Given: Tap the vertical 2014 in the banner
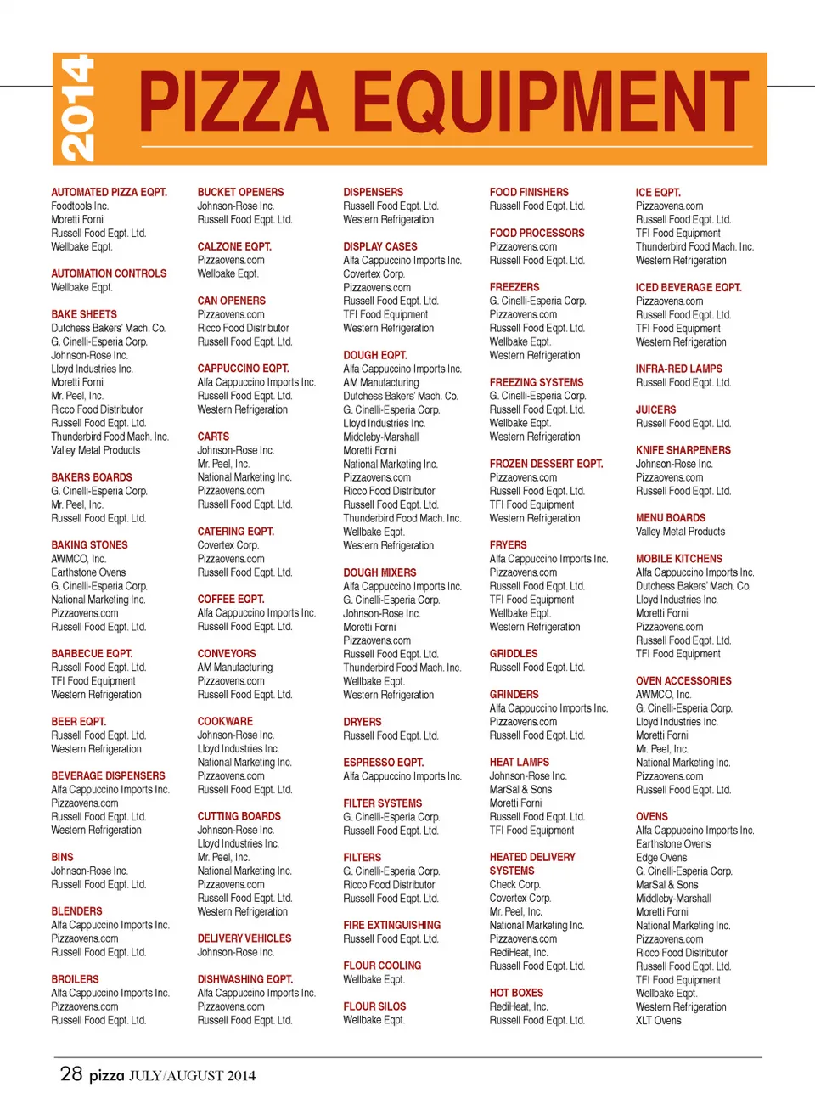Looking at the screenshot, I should [77, 109].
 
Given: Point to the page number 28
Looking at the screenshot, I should [71, 1073].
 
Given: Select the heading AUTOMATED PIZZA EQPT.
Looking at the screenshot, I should [109, 193].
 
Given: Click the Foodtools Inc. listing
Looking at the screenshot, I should [80, 206].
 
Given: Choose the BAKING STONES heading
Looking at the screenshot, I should [89, 545].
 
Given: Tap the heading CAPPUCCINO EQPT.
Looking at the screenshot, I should [243, 369].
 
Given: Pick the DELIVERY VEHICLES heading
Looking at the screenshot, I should [244, 938].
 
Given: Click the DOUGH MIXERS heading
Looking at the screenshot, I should [379, 572].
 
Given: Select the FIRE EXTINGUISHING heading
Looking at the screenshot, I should [391, 925].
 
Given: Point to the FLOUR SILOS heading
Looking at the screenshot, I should [374, 1006].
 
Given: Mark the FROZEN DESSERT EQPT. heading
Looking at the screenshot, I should [546, 464].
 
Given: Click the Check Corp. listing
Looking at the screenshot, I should [514, 884].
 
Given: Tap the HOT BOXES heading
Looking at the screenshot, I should [516, 993].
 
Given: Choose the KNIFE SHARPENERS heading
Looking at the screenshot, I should [683, 450].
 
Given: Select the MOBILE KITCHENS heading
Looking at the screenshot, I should [678, 559].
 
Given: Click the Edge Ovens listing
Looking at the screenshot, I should [661, 858].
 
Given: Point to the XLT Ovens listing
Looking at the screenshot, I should [658, 1020].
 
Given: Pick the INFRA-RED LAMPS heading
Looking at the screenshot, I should [678, 369].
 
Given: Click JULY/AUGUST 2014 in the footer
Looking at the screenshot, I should [192, 1076].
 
